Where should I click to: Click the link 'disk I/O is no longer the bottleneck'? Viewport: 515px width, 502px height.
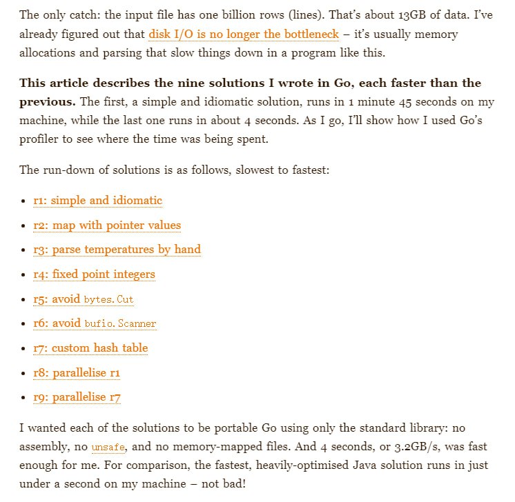[x=243, y=34]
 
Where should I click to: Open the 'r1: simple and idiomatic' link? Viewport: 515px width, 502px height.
[x=97, y=201]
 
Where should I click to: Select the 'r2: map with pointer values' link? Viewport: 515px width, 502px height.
[x=106, y=225]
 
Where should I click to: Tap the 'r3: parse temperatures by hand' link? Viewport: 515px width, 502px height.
[x=117, y=250]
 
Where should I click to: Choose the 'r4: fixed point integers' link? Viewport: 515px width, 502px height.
[x=94, y=274]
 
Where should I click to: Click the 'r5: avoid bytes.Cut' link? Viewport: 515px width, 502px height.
[x=84, y=299]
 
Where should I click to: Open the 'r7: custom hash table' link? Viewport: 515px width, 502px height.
[x=90, y=348]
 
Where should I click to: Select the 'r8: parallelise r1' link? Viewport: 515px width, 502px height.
[x=77, y=373]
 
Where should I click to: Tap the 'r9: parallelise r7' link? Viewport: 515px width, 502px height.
[x=77, y=397]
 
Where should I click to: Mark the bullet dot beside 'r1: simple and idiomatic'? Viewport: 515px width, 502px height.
[x=23, y=201]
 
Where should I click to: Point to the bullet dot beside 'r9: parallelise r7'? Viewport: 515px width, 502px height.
[x=23, y=398]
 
